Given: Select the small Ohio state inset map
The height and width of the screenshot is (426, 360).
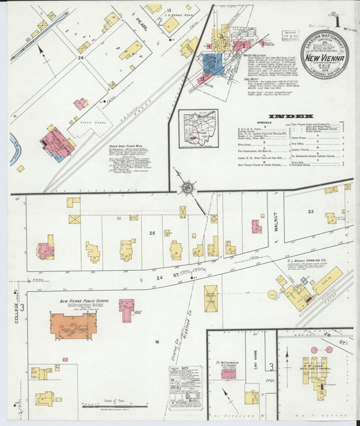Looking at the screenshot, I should point(198,128).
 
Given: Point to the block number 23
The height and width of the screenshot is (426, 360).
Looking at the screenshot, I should point(311,211).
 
